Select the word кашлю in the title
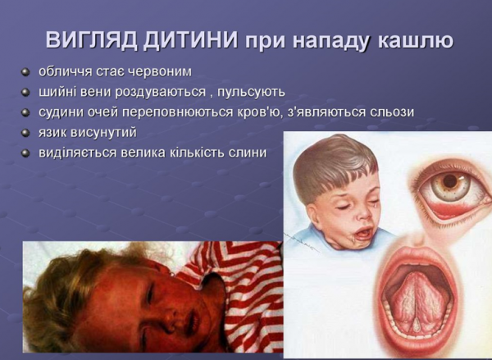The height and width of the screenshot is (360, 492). pos(412,40)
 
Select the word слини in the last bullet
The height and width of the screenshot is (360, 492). pos(248,153)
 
